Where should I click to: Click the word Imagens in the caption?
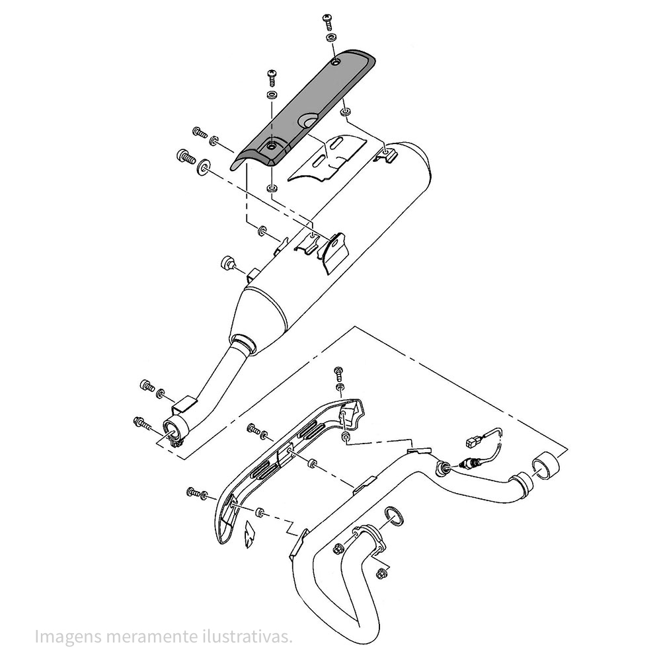tap(68, 637)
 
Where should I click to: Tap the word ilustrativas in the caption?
tap(247, 636)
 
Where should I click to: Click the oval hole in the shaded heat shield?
tap(308, 122)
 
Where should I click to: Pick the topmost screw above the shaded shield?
tap(328, 21)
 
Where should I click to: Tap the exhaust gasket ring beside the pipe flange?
tap(394, 518)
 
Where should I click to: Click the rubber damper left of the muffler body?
tap(228, 263)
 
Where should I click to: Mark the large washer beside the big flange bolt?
tap(204, 167)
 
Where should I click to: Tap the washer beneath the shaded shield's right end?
tap(344, 112)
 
